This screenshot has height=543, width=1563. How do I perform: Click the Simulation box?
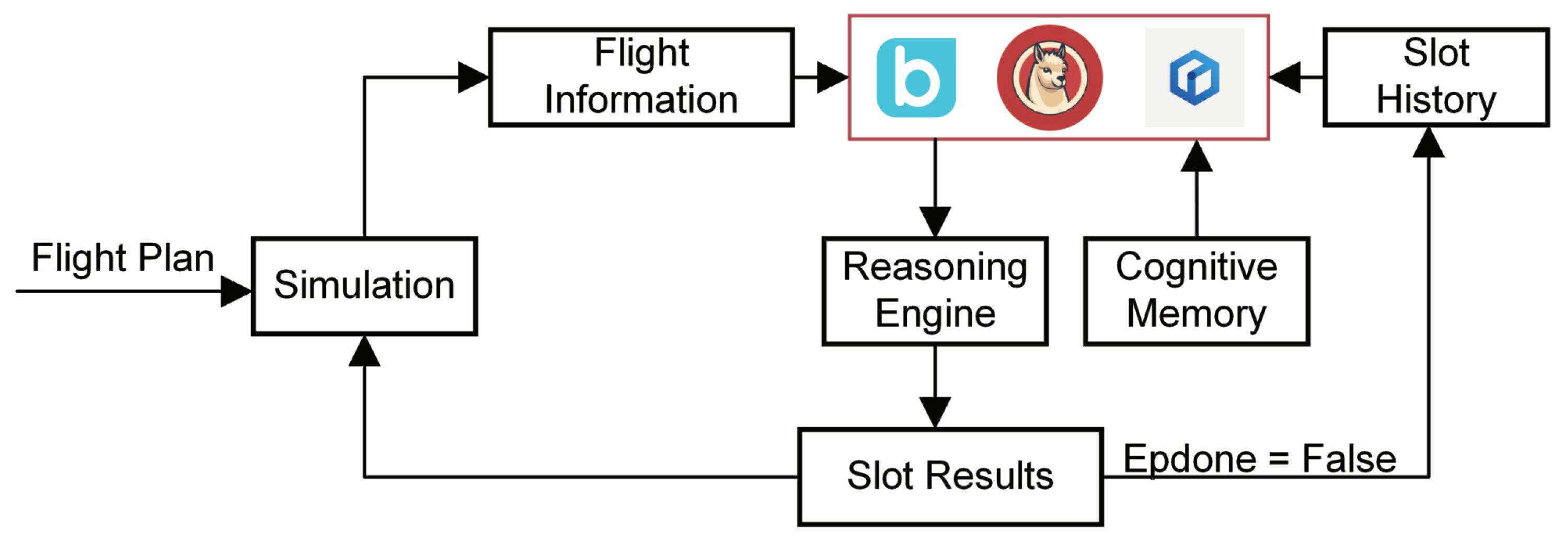click(364, 286)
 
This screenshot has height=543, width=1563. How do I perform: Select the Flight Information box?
click(641, 77)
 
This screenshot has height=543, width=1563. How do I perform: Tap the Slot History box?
click(1435, 77)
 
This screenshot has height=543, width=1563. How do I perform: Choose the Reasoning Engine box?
click(935, 291)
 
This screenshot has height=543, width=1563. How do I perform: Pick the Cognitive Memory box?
click(1196, 291)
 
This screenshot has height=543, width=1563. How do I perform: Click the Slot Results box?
click(950, 476)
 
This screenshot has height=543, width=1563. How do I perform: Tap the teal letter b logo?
click(916, 78)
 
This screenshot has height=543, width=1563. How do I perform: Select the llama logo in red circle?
click(1050, 78)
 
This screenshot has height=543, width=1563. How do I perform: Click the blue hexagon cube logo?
click(1194, 78)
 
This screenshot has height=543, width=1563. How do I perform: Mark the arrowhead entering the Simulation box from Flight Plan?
click(235, 291)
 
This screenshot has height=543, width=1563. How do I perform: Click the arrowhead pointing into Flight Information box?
click(473, 77)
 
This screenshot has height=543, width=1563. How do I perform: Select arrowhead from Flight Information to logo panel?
click(832, 77)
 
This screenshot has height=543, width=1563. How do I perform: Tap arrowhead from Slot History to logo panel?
click(1285, 77)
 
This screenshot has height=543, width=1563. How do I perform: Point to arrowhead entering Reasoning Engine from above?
click(935, 222)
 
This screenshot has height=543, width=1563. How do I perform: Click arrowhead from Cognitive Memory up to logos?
click(1197, 157)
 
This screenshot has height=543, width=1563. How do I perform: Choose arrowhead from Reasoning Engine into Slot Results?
click(935, 412)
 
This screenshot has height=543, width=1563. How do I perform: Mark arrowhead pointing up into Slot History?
click(1428, 143)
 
